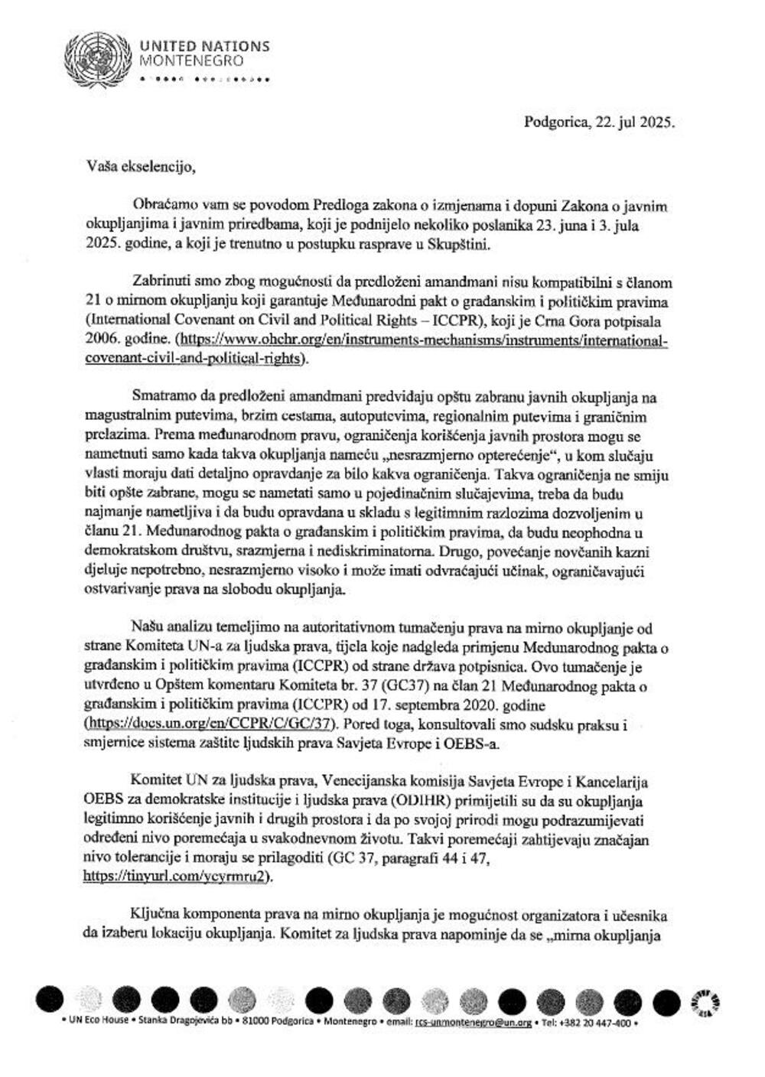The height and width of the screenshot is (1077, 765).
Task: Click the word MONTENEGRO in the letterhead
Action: coord(192,60)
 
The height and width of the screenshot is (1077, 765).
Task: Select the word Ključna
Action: coord(155,916)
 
